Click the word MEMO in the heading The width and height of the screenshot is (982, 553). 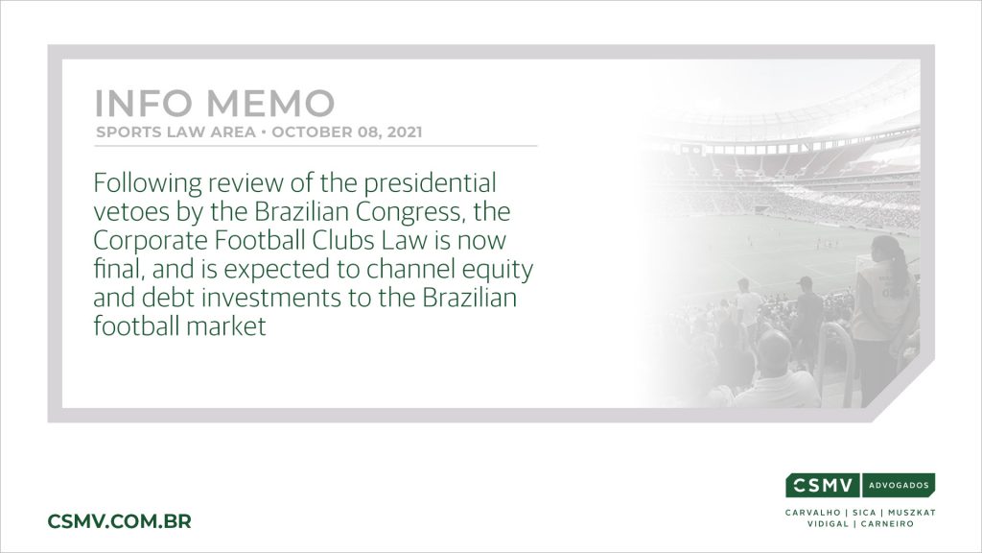click(270, 104)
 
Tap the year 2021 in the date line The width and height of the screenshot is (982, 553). click(405, 132)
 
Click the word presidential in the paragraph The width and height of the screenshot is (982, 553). click(431, 183)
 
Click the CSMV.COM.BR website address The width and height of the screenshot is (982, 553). click(120, 521)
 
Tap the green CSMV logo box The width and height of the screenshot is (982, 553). click(823, 485)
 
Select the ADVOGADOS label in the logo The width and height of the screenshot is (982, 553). click(899, 485)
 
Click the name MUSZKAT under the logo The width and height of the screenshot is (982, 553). click(912, 513)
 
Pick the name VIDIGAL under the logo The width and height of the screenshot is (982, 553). click(828, 524)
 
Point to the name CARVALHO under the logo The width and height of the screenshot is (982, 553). click(813, 513)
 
